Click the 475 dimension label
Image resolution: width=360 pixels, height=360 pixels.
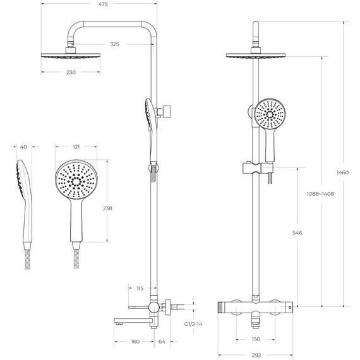(103, 4)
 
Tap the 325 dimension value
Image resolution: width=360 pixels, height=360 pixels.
(114, 44)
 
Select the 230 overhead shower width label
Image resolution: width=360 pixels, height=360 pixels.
(71, 73)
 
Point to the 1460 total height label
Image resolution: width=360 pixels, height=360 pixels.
(342, 172)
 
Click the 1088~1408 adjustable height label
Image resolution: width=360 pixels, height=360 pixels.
(320, 194)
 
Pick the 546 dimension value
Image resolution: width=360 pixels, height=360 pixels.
(297, 233)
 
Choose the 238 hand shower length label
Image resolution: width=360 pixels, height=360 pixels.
(107, 208)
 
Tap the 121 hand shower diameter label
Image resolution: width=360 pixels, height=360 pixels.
(76, 147)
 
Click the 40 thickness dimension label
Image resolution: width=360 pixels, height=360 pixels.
(23, 147)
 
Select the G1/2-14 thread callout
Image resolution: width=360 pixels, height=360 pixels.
(193, 324)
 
